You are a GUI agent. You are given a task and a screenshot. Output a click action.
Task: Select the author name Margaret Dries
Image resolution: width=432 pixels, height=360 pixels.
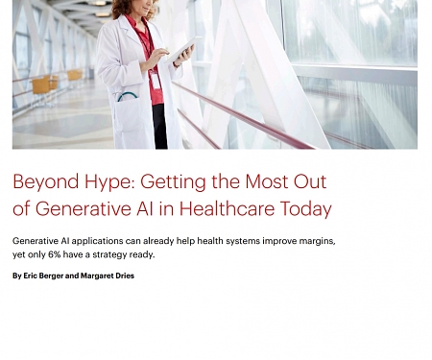pos(108,276)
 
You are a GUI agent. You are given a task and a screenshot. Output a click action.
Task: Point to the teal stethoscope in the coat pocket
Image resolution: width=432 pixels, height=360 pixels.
pos(127,96)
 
